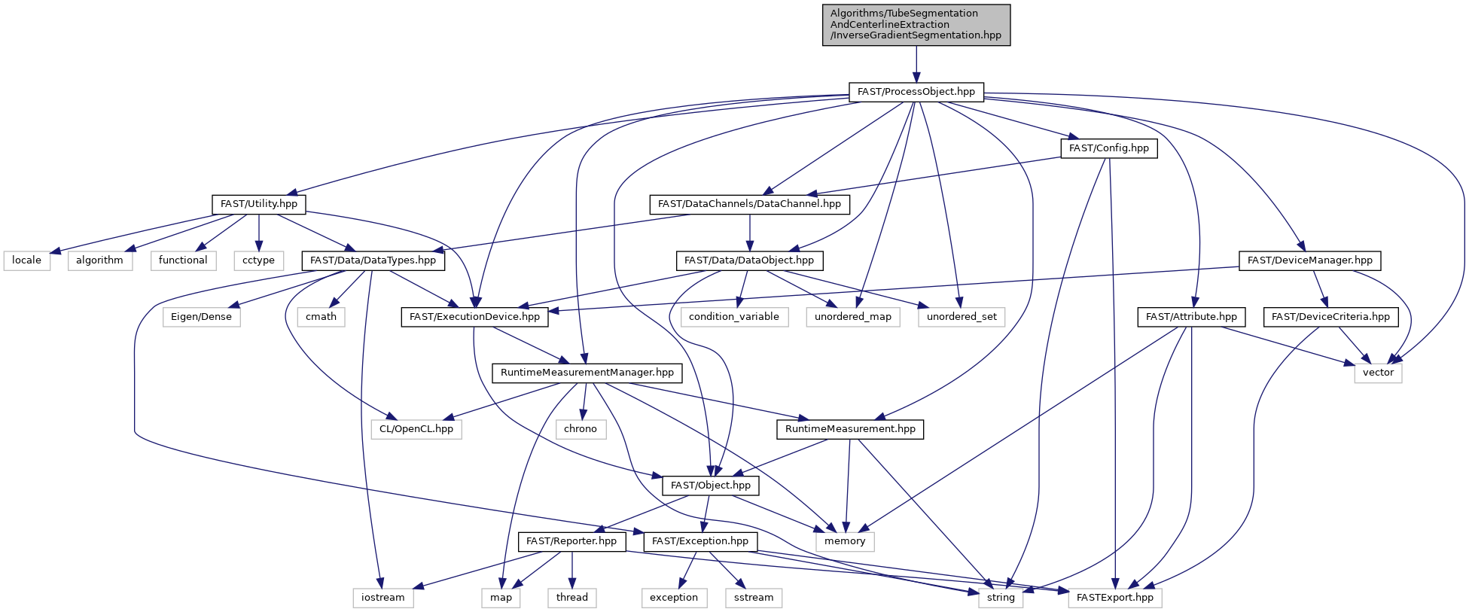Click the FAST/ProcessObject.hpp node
coord(916,92)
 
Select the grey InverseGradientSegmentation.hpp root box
coord(916,25)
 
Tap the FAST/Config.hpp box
coord(1108,148)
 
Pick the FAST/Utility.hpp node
coord(258,204)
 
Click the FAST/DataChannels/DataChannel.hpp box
coord(749,204)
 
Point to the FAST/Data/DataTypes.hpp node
coord(373,260)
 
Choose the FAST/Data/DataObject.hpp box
coord(749,260)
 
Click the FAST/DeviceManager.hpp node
coord(1309,260)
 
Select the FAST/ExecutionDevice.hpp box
coord(474,317)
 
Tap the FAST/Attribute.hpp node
coord(1191,317)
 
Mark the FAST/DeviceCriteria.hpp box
coord(1330,317)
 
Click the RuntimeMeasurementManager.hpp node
coord(587,373)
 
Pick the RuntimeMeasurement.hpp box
coord(850,429)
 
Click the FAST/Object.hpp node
coord(711,486)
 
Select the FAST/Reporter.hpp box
coord(571,541)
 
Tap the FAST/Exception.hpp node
coord(700,541)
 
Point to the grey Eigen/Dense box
coord(201,317)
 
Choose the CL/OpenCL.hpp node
coord(416,429)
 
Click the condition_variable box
coord(734,317)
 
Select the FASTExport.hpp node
coord(1115,598)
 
